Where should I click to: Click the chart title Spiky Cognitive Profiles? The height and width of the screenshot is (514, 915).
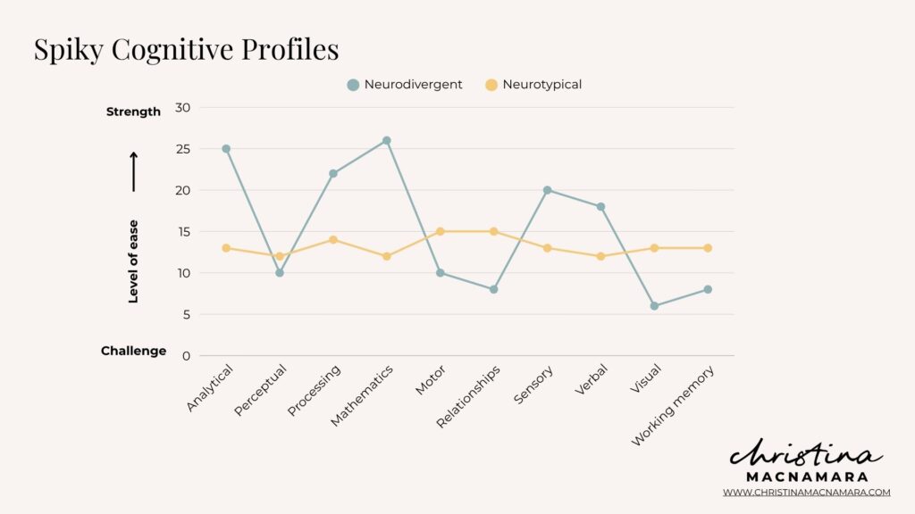tap(186, 49)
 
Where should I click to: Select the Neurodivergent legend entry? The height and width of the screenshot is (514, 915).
tap(405, 85)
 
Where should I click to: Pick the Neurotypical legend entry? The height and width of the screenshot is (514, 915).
tap(533, 85)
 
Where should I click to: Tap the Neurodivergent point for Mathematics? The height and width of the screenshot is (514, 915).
tap(387, 140)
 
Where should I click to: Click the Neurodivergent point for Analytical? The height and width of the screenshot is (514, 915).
tap(226, 149)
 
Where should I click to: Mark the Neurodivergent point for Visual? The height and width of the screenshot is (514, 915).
tap(654, 306)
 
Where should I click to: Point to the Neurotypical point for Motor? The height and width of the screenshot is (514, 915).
tap(441, 231)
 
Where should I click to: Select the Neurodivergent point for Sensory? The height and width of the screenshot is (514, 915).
tap(547, 190)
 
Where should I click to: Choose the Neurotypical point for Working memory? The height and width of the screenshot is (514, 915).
tap(708, 248)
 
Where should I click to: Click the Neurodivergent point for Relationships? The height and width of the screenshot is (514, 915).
tap(493, 289)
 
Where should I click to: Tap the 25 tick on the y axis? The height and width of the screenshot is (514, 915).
tap(182, 149)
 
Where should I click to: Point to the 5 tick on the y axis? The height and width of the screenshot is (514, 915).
tap(186, 314)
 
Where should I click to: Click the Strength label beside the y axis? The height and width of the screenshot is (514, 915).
tap(133, 112)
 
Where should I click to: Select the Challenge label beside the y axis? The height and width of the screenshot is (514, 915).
tap(133, 351)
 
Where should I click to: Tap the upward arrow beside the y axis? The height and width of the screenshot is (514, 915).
tap(134, 171)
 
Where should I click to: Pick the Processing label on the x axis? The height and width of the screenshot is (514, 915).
tap(315, 390)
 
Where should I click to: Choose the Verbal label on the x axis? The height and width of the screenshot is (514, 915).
tap(592, 381)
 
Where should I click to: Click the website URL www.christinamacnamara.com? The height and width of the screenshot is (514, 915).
tap(806, 492)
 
